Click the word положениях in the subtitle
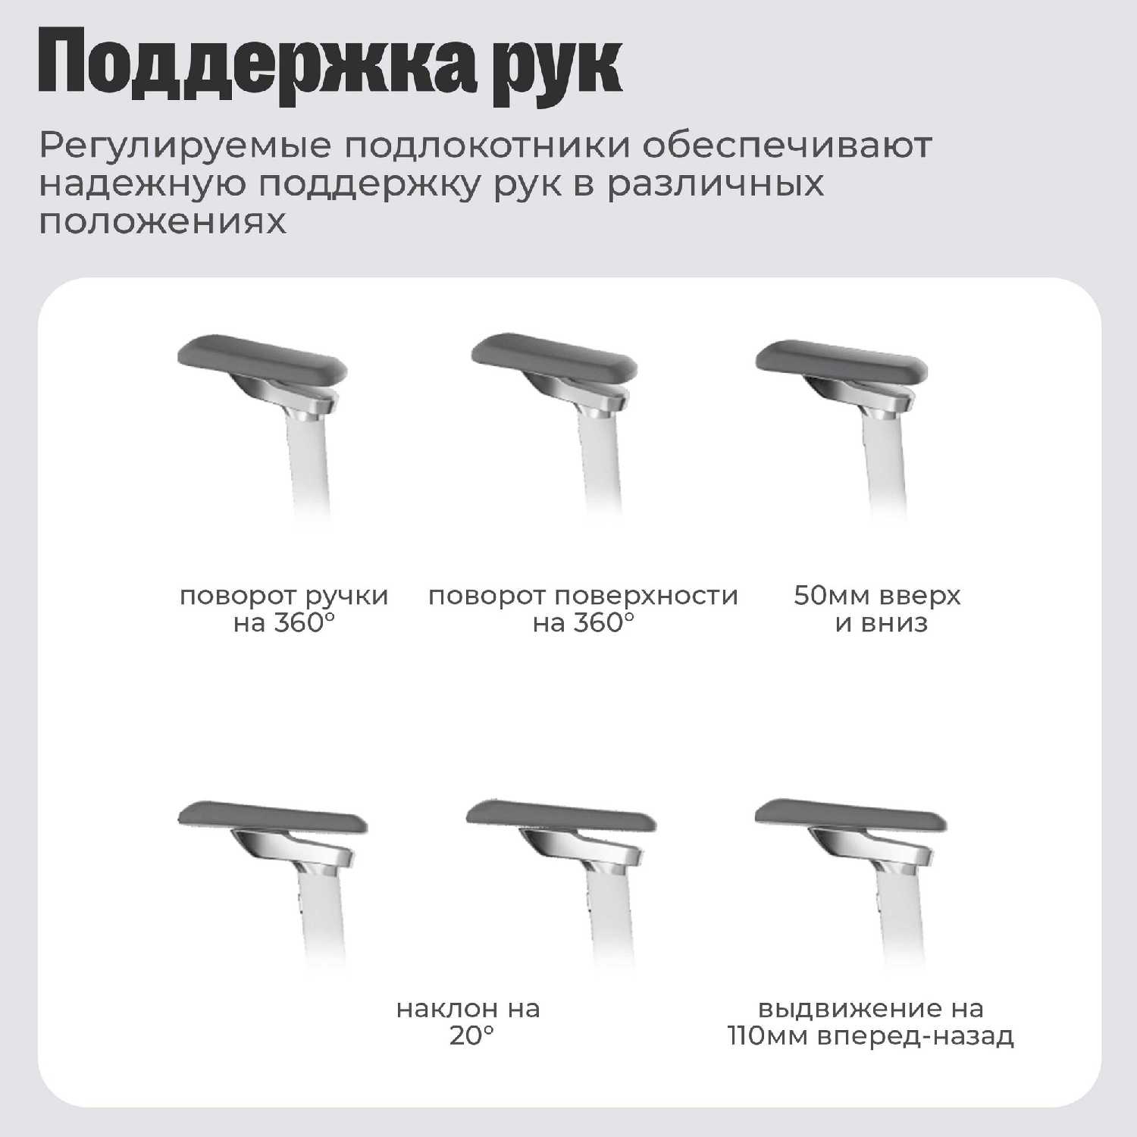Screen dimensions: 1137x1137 click(x=163, y=221)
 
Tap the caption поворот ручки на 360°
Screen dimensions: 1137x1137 click(x=284, y=609)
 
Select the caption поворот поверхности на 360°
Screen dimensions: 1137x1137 click(x=583, y=609)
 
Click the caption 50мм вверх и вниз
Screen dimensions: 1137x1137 click(x=877, y=609)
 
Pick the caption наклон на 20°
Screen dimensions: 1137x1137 click(x=468, y=1022)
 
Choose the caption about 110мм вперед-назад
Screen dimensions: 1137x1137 click(x=871, y=1022)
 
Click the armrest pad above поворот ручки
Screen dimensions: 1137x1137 click(x=262, y=359)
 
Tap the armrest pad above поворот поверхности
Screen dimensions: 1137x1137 click(x=555, y=359)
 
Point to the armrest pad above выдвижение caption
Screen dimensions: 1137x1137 click(x=850, y=816)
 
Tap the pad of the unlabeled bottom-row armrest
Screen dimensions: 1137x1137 click(x=273, y=816)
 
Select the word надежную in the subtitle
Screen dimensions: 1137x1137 click(x=143, y=184)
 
